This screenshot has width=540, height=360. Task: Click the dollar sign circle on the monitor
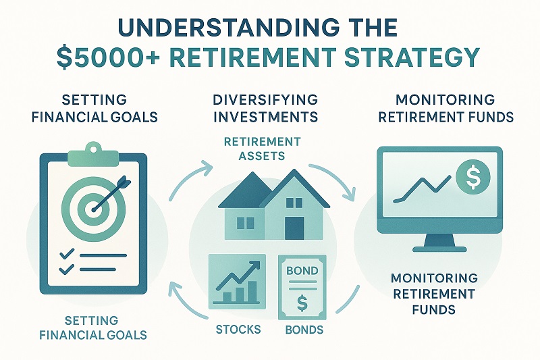(x=471, y=178)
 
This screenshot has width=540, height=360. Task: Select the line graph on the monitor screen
(x=423, y=186)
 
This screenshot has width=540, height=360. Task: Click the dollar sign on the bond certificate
(x=302, y=303)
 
